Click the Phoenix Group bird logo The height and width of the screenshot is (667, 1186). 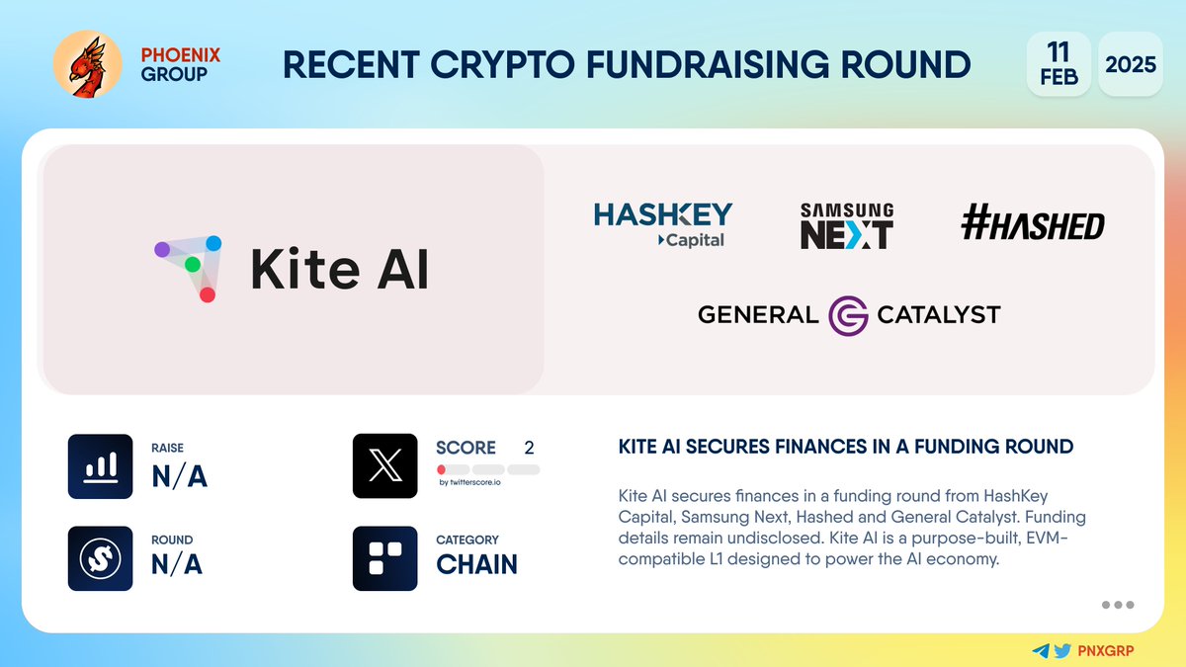(87, 64)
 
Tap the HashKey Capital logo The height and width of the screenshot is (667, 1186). (663, 224)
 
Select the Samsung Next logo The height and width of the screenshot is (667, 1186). (846, 225)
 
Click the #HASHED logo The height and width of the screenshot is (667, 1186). (1032, 226)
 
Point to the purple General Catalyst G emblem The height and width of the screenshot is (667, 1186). (848, 315)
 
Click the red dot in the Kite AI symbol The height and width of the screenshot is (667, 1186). (208, 294)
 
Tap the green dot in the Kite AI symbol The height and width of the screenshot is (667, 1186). (193, 265)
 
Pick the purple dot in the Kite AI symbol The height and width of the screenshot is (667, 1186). (162, 250)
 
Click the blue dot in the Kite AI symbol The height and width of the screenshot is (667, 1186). (213, 242)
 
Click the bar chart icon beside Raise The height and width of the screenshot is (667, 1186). (100, 466)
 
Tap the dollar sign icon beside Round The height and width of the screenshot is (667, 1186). (100, 558)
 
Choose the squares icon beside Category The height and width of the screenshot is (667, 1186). (384, 558)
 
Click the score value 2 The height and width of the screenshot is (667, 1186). (529, 448)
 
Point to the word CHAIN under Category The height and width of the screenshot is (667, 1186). (476, 563)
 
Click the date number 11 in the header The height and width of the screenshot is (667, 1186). (1058, 50)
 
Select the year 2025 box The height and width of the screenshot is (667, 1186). (1131, 64)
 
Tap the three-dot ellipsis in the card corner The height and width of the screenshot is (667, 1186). (1117, 605)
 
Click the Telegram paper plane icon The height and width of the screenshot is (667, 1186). (1041, 651)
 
